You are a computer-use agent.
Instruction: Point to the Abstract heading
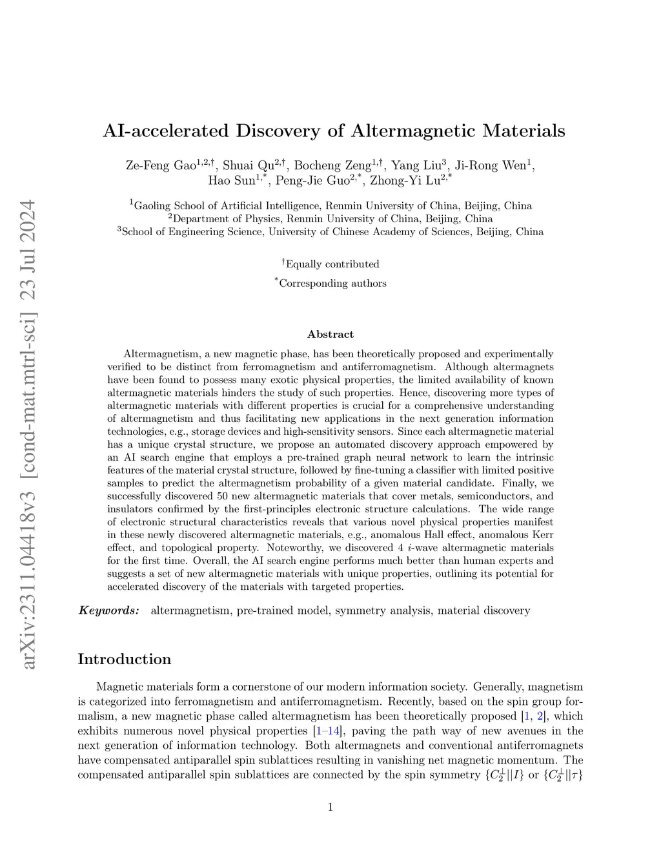tap(330, 334)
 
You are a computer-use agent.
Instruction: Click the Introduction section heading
tap(125, 659)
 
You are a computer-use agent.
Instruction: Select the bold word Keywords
tap(108, 611)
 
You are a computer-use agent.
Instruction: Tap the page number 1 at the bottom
tap(330, 806)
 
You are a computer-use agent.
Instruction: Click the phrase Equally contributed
tap(332, 264)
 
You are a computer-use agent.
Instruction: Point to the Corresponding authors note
tap(332, 283)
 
